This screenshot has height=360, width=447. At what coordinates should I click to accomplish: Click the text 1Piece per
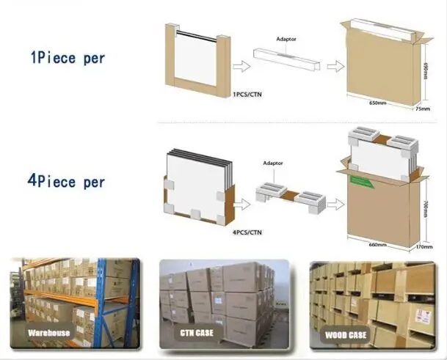tap(67, 57)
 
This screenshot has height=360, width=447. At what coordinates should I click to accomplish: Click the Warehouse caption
tap(48, 332)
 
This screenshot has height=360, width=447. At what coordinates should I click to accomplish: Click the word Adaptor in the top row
tap(286, 37)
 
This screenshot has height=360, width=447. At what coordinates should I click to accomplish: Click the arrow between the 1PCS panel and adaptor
tap(240, 66)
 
